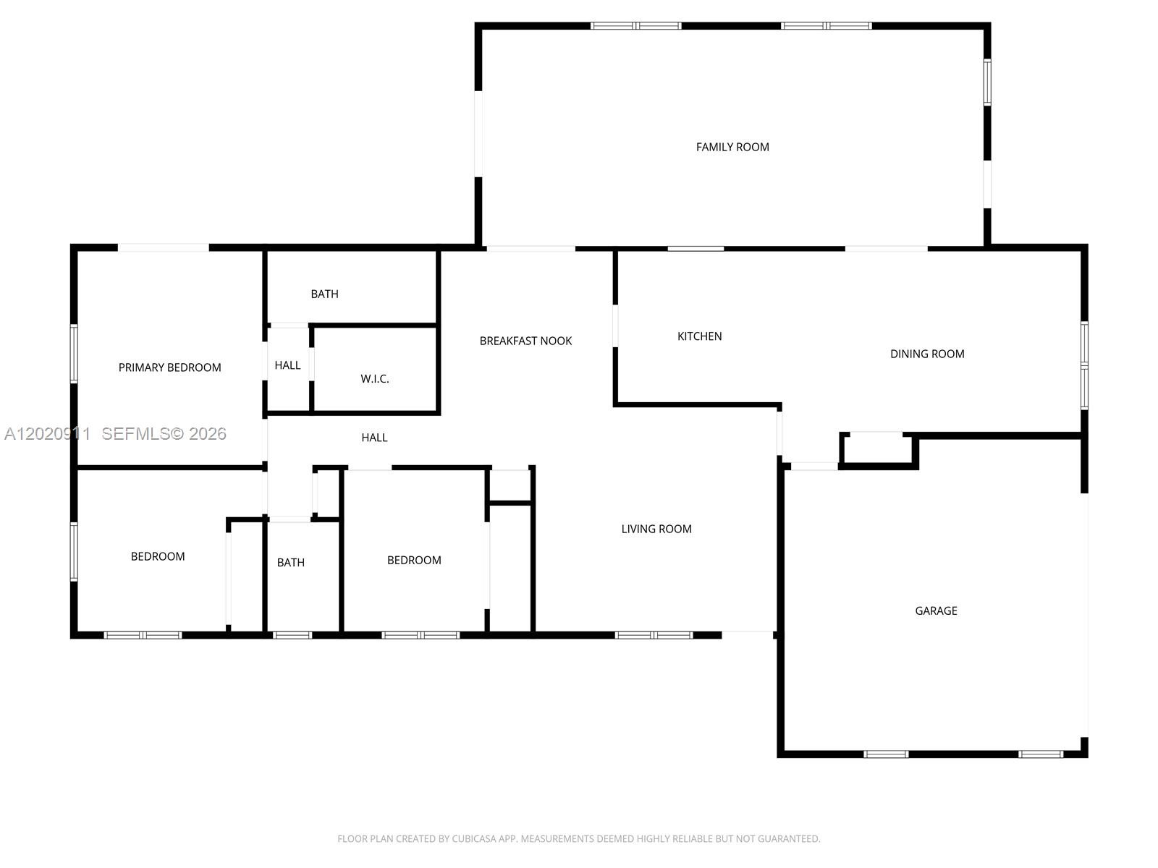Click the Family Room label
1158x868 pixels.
(732, 147)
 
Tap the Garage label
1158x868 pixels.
(936, 610)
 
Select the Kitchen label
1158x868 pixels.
(700, 336)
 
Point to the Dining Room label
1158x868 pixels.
(927, 354)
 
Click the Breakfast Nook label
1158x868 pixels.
(525, 341)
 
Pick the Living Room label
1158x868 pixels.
(656, 529)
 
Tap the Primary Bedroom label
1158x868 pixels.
(169, 367)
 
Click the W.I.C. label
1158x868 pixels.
(375, 378)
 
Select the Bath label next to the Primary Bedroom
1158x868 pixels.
(324, 294)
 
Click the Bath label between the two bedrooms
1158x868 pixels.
(291, 563)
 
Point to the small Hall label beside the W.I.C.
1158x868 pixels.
(287, 365)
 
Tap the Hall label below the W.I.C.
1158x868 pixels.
(374, 438)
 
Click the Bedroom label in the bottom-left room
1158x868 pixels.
(158, 556)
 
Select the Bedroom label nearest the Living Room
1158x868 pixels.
(414, 560)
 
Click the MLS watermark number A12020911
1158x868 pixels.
(48, 434)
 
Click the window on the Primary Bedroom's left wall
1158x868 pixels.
(74, 354)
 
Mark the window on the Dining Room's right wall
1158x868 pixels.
(1084, 365)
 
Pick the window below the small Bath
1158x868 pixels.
(292, 636)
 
